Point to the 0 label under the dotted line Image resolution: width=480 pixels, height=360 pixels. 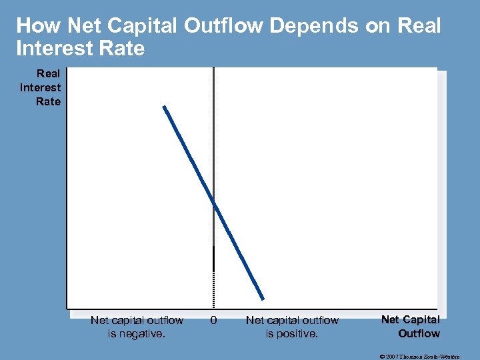pos(213,320)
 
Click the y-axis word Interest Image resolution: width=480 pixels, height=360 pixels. pos(41,87)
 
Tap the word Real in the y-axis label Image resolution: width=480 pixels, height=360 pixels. pos(48,74)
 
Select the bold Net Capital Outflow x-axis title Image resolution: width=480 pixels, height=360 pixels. pos(410,326)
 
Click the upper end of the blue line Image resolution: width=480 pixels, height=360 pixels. pos(163,106)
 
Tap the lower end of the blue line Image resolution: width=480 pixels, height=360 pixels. pos(263,298)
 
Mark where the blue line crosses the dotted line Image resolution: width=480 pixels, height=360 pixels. pos(213,202)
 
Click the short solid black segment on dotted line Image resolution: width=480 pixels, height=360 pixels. pos(213,258)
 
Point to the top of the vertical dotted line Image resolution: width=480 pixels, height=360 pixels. pos(213,69)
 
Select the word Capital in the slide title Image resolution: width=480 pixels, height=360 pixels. pos(143,26)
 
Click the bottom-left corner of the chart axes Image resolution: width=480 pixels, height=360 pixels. pos(67,308)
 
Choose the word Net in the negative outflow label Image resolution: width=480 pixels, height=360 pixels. pos(99,320)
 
